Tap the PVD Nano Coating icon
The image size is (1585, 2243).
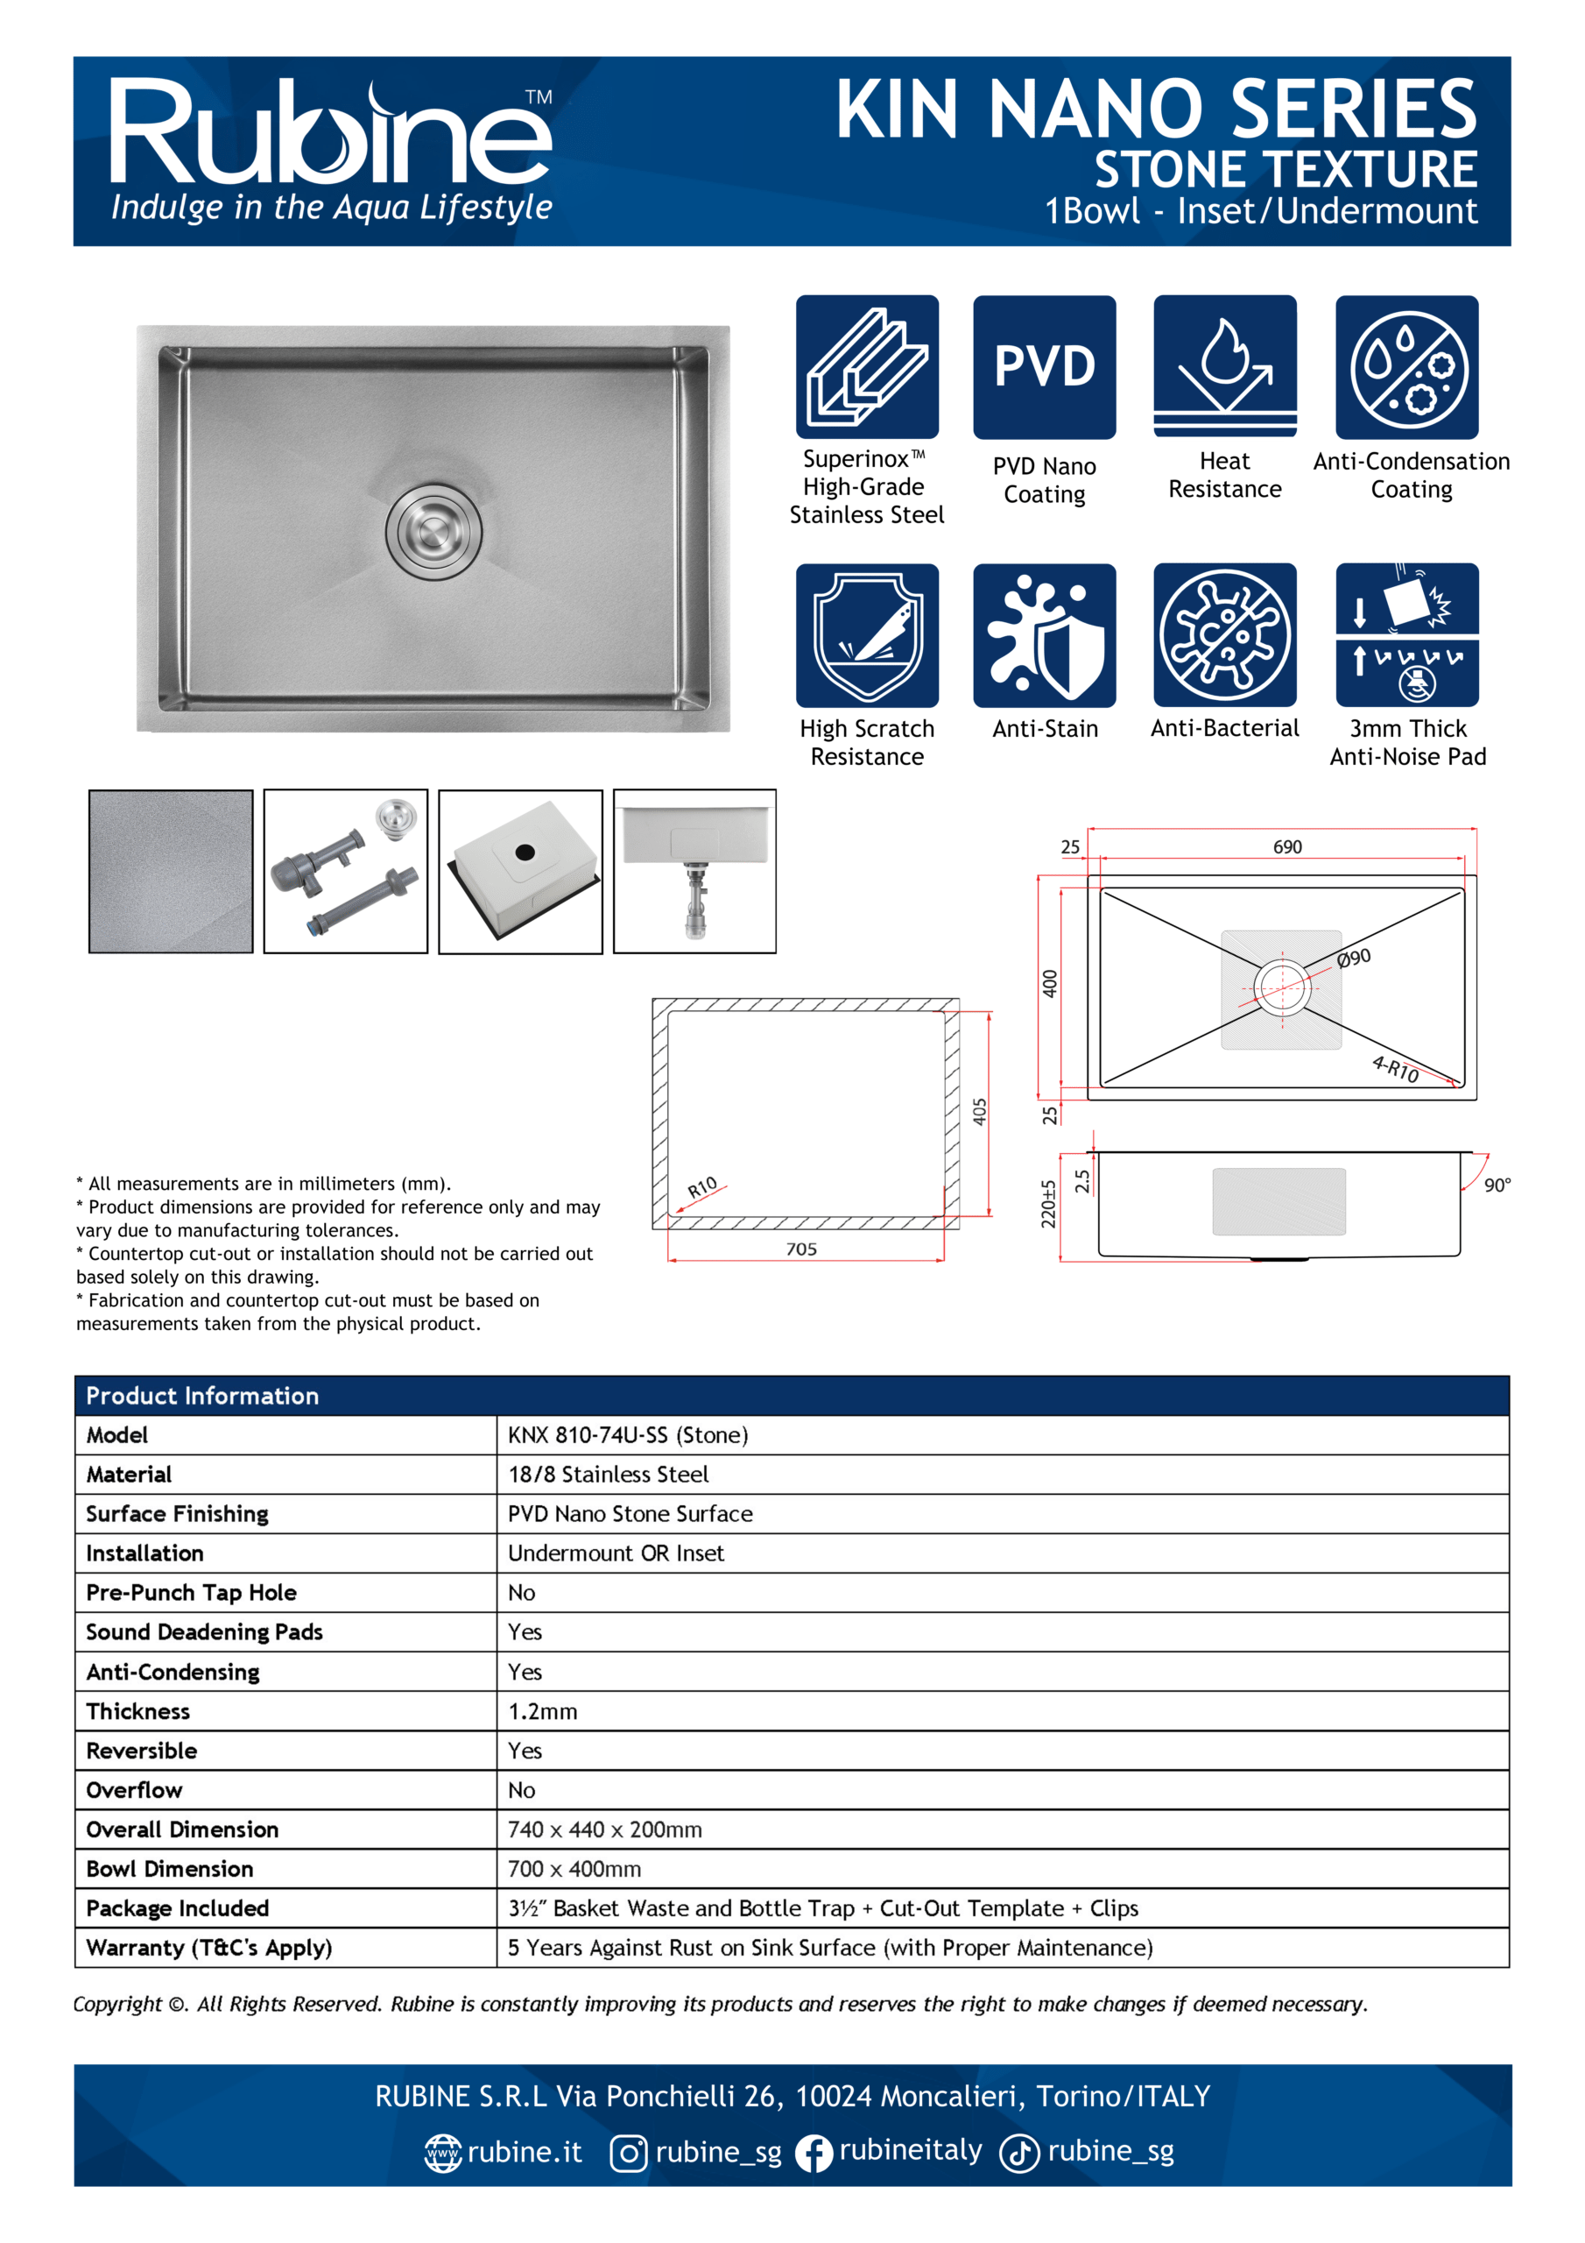pyautogui.click(x=1044, y=367)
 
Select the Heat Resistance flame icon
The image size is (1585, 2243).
pyautogui.click(x=1224, y=367)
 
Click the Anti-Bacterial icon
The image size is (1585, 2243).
pyautogui.click(x=1224, y=635)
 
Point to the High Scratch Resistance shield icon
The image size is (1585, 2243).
pyautogui.click(x=867, y=635)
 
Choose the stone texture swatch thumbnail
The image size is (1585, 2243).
pyautogui.click(x=171, y=872)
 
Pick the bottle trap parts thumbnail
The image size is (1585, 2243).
pyautogui.click(x=346, y=872)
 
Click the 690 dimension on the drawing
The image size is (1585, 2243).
pyautogui.click(x=1287, y=847)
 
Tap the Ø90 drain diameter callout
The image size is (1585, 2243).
pyautogui.click(x=1355, y=959)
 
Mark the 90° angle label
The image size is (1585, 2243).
pyautogui.click(x=1497, y=1185)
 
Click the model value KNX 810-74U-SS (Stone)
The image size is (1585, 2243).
pyautogui.click(x=628, y=1435)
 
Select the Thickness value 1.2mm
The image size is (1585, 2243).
pyautogui.click(x=543, y=1711)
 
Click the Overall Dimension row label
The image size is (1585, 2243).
pyautogui.click(x=183, y=1829)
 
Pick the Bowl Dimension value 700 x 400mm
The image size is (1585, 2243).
pyautogui.click(x=574, y=1869)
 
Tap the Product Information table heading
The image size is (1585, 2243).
pyautogui.click(x=202, y=1396)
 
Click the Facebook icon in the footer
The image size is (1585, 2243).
pyautogui.click(x=814, y=2152)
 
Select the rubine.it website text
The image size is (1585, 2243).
pyautogui.click(x=525, y=2152)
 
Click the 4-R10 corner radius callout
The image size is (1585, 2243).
pyautogui.click(x=1396, y=1069)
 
